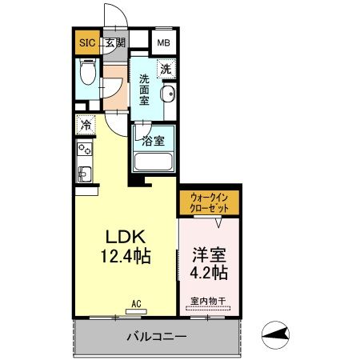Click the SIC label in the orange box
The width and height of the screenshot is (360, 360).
coord(86,43)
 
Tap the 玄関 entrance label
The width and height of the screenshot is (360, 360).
coord(115,43)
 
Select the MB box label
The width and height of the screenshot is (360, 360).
coord(163,43)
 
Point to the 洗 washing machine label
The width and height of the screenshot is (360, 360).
coord(165,70)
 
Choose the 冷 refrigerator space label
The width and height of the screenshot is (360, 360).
coord(85,126)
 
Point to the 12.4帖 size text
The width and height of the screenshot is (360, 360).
coord(126,257)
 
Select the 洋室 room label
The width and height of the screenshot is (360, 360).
coord(210,255)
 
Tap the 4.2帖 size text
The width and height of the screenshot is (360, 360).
coord(210,273)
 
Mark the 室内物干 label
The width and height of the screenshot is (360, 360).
coord(208,301)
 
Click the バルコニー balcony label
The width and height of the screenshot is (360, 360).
coord(157,336)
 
